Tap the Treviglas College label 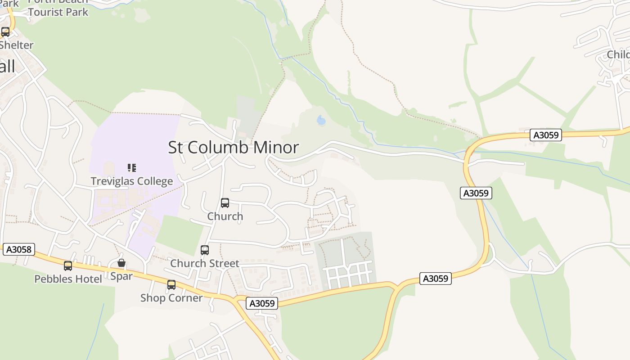point(132,181)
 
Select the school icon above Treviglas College point(132,168)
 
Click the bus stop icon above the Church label point(225,203)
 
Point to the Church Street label point(205,263)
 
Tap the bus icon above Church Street point(205,250)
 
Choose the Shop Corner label point(171,298)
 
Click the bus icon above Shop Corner point(171,285)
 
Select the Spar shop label point(121,276)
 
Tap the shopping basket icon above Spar point(121,263)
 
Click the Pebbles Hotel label point(68,279)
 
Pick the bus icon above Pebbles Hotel point(68,266)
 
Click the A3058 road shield point(19,249)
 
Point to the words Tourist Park point(58,12)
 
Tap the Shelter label point(17,45)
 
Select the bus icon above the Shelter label point(5,32)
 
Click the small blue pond point(321,120)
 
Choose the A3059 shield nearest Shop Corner point(262,303)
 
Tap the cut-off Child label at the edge point(618,55)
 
